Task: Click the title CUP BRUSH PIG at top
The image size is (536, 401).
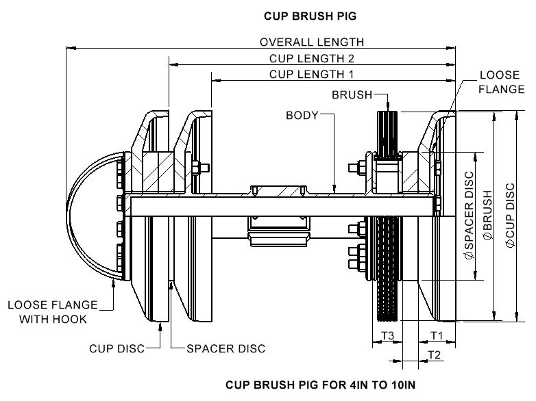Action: [305, 14]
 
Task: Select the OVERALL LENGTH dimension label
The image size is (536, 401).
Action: [311, 42]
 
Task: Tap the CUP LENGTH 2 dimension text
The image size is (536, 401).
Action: [311, 59]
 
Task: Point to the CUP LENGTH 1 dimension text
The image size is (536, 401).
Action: [311, 74]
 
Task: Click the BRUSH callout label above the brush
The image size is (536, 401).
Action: [351, 94]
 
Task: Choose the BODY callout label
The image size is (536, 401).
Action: [302, 116]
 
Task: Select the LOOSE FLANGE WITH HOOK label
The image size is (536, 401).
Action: [53, 312]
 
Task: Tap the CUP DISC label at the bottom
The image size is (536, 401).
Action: [117, 349]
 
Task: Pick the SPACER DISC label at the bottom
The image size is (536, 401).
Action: [226, 349]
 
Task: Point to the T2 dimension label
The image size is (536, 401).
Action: [434, 353]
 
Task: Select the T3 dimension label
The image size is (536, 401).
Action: [387, 335]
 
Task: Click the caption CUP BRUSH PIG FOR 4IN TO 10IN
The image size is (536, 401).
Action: [320, 385]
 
